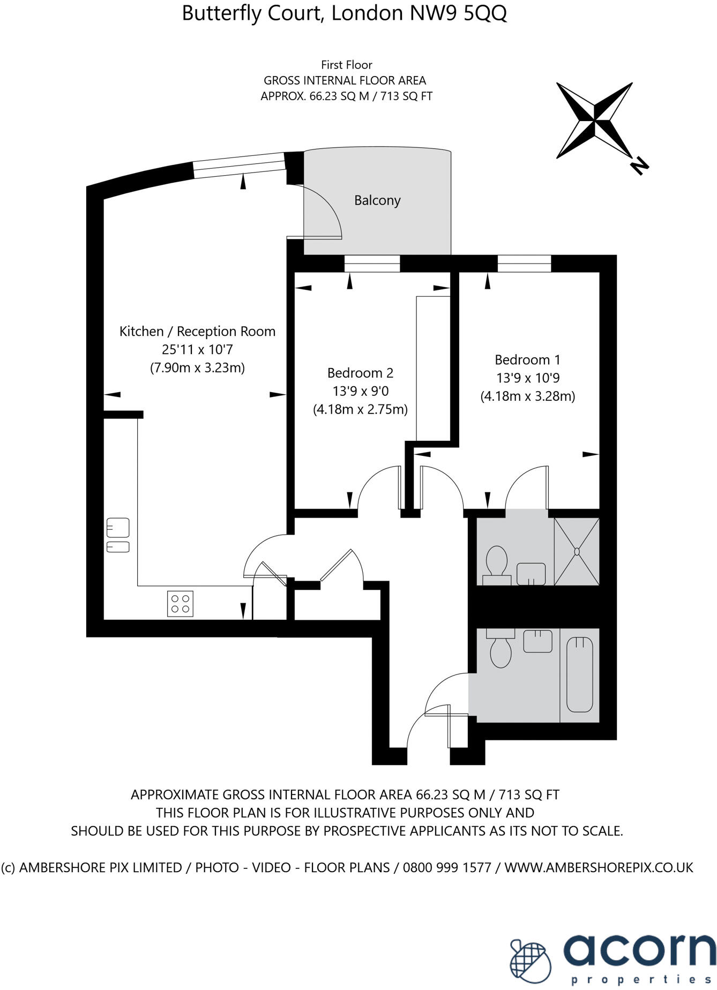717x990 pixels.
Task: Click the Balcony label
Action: (x=377, y=200)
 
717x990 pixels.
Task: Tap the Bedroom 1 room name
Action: (x=527, y=359)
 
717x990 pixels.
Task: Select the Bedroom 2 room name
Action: (x=360, y=373)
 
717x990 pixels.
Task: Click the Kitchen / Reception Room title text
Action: (x=197, y=332)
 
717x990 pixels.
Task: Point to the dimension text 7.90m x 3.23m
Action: (x=197, y=368)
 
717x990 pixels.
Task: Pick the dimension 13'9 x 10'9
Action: (x=527, y=378)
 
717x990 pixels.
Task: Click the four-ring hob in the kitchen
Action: (x=180, y=603)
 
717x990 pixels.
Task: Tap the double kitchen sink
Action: (x=118, y=535)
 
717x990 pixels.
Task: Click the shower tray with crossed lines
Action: (x=577, y=551)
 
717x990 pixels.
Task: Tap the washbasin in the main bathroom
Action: (x=537, y=641)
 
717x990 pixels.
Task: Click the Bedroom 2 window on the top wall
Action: (x=372, y=264)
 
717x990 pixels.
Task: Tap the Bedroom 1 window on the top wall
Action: (x=524, y=264)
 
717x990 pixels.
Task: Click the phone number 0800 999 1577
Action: (x=447, y=867)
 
